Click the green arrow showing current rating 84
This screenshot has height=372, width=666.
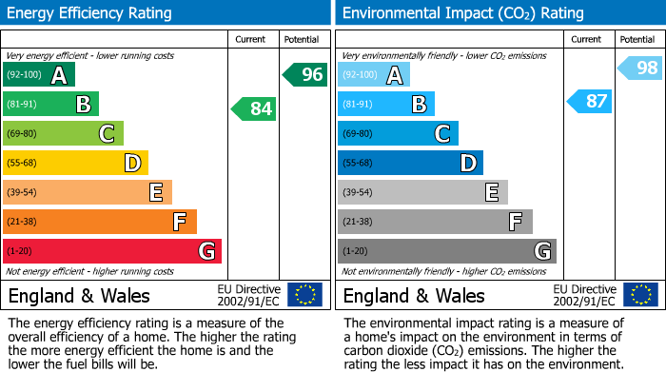click(x=254, y=108)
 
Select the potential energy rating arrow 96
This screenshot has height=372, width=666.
click(x=304, y=74)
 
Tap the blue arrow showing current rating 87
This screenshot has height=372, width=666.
click(x=589, y=101)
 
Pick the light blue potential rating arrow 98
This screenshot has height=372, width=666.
click(x=639, y=68)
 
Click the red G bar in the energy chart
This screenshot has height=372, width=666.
click(x=112, y=251)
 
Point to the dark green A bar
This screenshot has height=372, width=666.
click(x=39, y=75)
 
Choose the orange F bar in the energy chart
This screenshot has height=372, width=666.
click(x=100, y=222)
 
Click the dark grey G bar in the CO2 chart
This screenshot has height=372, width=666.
click(x=446, y=251)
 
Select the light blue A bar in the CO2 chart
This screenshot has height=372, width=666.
click(x=374, y=75)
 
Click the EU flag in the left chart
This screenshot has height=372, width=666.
click(x=304, y=294)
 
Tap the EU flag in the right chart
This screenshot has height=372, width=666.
click(x=640, y=294)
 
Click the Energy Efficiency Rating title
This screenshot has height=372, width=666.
click(x=90, y=13)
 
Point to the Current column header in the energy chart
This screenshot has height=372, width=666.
click(x=252, y=39)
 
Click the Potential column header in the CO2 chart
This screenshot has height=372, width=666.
click(x=637, y=39)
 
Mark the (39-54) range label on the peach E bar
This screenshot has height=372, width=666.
click(x=23, y=192)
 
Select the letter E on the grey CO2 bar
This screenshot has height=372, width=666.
click(x=491, y=192)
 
